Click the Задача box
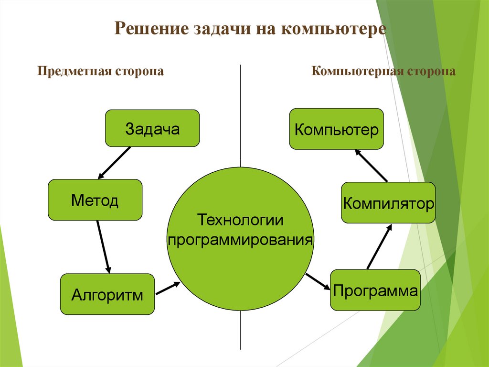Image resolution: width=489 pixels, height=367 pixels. pos(152,128)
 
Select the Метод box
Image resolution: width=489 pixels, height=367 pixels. pos(95,200)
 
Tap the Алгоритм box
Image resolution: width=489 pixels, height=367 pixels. pos(107,294)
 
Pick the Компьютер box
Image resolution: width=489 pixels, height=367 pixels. pos(337,129)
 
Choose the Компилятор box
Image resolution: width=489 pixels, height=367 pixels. pos(388,203)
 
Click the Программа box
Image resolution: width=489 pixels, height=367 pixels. pos(375,290)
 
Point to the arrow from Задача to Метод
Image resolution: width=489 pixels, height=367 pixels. pos(114,163)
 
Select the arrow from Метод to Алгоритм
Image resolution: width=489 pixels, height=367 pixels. pos(103,246)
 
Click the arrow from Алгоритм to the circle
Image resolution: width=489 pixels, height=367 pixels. pos(168,288)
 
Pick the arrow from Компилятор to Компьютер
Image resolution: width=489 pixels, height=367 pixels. pos(371,165)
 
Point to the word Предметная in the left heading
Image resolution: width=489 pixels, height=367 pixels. pos(74,71)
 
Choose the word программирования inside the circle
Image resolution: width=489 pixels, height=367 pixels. pos(241,239)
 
